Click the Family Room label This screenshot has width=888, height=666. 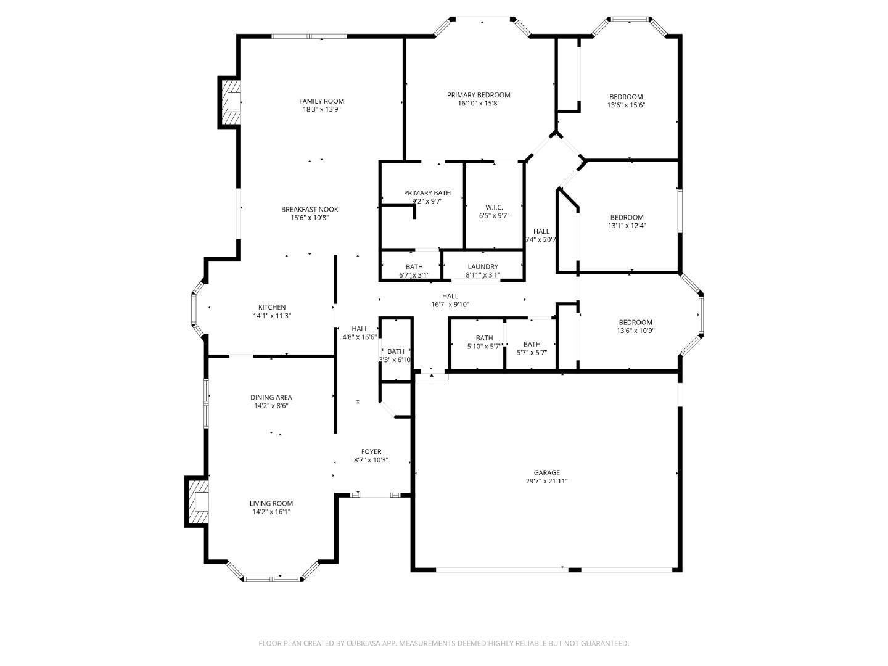click(321, 101)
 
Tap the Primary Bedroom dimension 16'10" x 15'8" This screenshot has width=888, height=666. click(479, 104)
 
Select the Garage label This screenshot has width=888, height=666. click(546, 472)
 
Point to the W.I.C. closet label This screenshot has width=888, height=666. click(494, 207)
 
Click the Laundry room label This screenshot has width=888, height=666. click(482, 266)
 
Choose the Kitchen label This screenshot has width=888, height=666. click(271, 307)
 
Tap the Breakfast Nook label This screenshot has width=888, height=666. click(310, 209)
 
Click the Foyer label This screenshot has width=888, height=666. click(371, 451)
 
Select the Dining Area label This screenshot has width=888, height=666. click(271, 397)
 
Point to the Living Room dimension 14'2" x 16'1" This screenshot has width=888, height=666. click(271, 512)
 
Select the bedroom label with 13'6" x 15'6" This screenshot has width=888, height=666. click(626, 97)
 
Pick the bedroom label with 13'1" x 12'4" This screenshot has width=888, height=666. click(627, 217)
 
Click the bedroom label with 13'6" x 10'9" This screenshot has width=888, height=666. click(635, 322)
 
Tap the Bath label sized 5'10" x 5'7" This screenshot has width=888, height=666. click(484, 338)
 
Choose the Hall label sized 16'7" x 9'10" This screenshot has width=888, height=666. click(450, 296)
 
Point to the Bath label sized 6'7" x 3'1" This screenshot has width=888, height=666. click(414, 267)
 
